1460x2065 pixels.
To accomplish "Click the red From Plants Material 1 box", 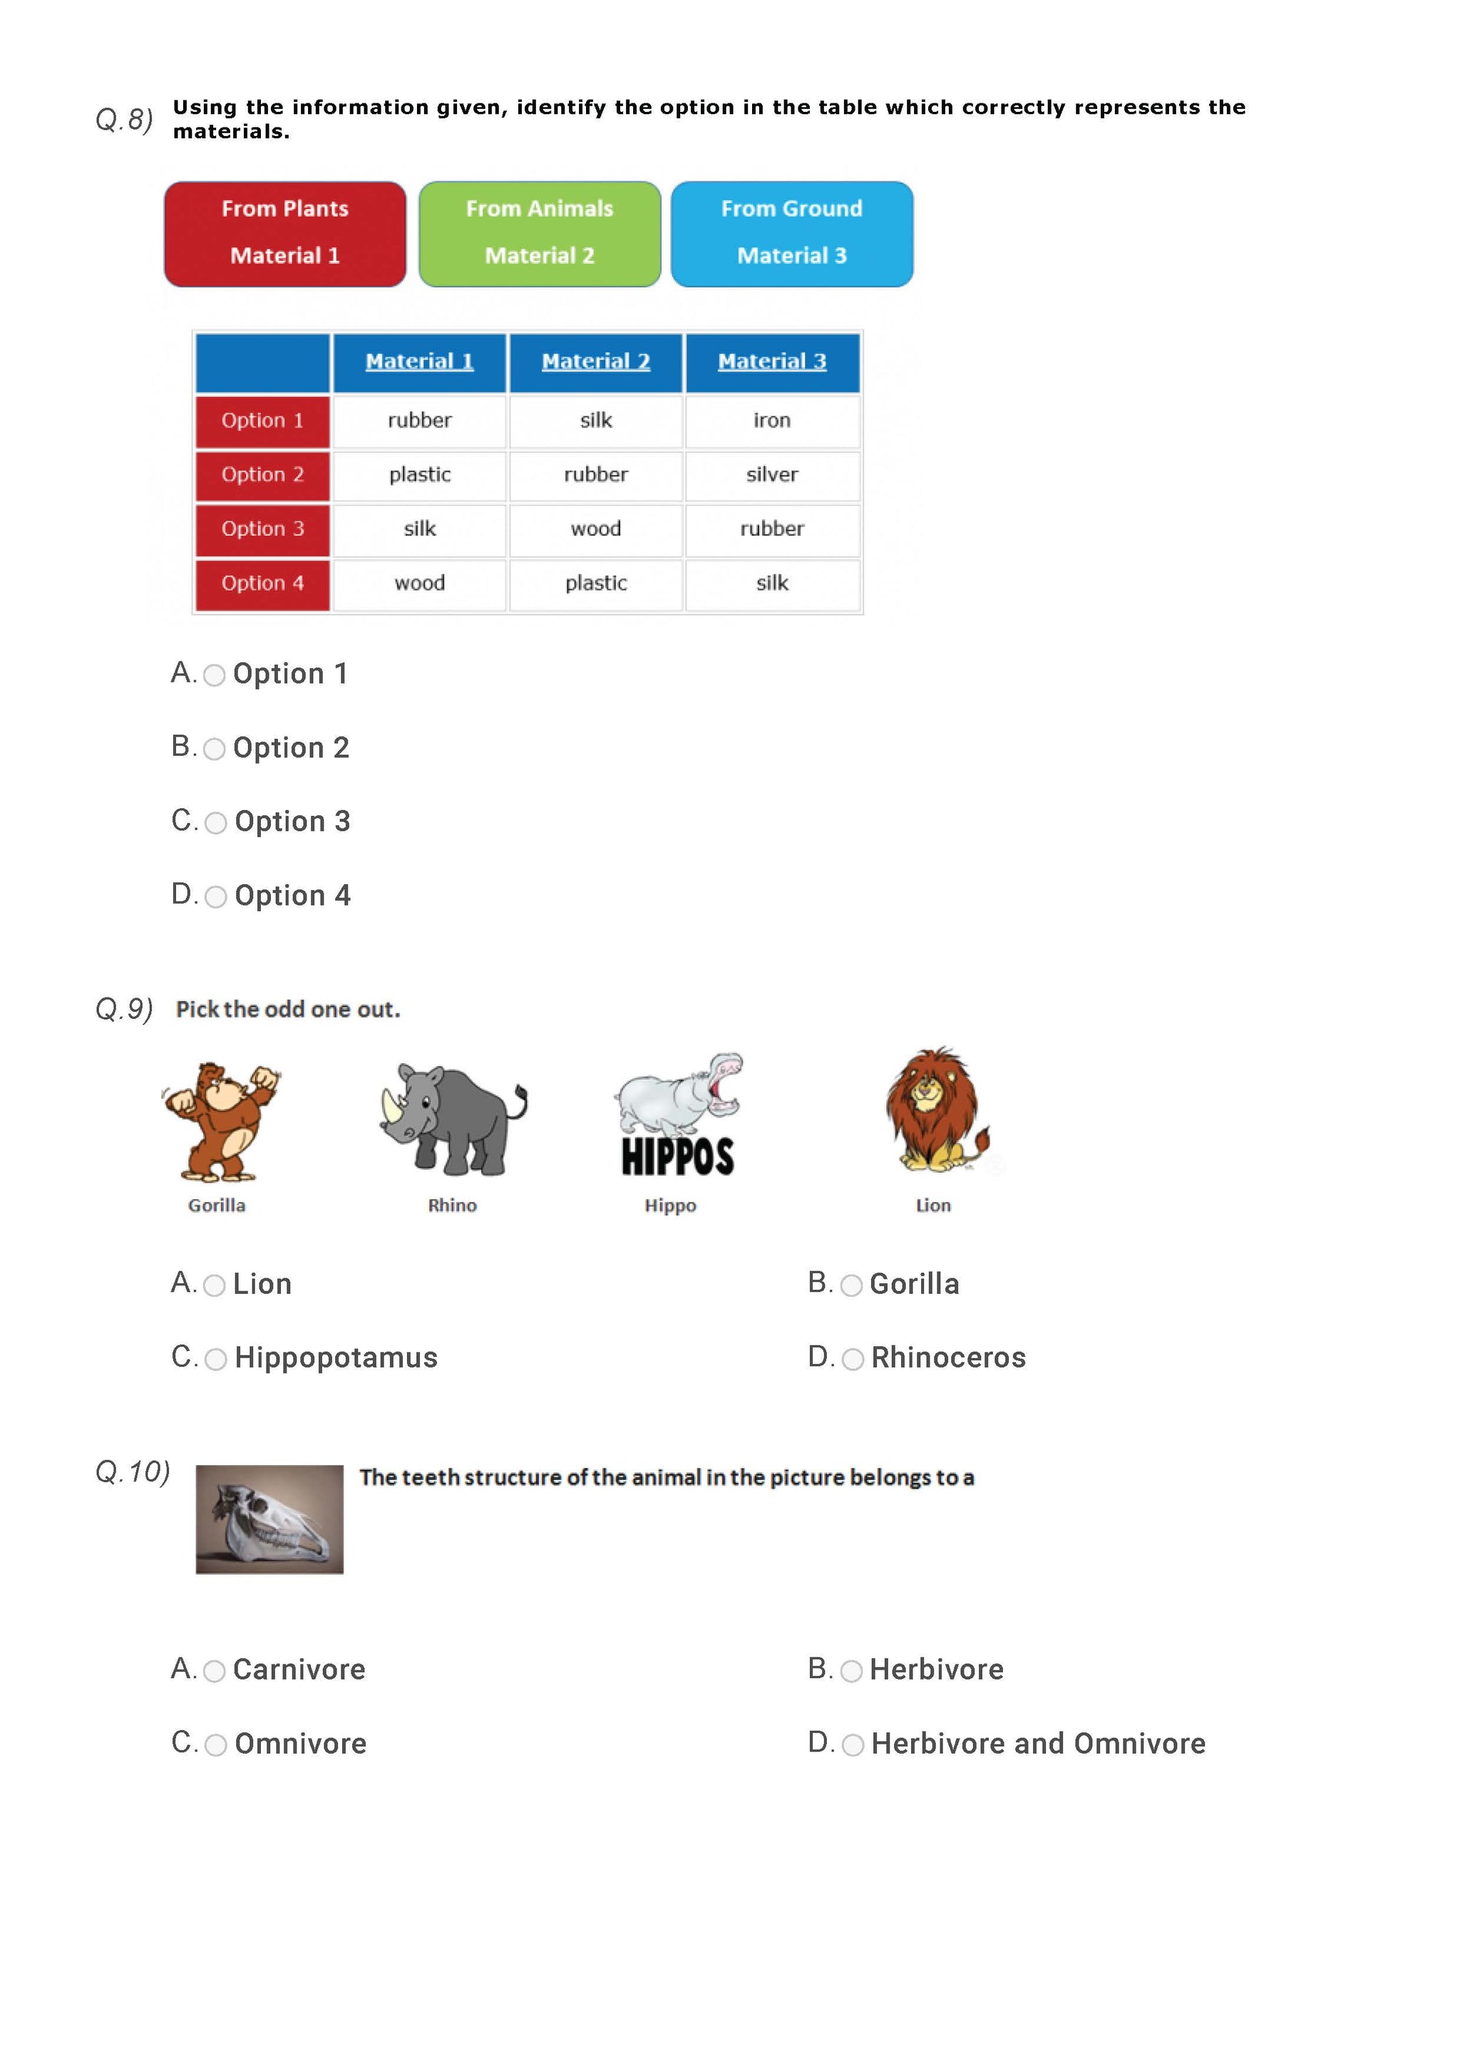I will click(x=284, y=234).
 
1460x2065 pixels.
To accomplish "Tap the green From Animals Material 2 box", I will click(x=539, y=234).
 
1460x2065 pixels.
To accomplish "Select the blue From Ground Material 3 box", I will click(x=791, y=234).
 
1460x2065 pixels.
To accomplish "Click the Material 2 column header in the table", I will click(x=595, y=361).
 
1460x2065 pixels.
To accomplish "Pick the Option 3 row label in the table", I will click(x=262, y=529).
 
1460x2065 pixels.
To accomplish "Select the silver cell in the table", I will click(x=772, y=475).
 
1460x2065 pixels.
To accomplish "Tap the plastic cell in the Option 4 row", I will click(x=595, y=583).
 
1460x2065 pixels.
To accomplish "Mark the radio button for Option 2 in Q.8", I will click(x=214, y=749).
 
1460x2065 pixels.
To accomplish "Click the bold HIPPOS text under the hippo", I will click(x=677, y=1156).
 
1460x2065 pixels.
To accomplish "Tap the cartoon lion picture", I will click(x=935, y=1110).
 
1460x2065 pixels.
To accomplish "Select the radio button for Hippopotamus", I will click(x=216, y=1359).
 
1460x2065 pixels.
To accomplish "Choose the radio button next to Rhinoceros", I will click(x=853, y=1359).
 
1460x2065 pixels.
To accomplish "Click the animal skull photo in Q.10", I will click(x=270, y=1519).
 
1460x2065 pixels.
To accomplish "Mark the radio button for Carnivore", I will click(x=214, y=1671).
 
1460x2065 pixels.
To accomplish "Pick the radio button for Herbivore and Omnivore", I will click(x=853, y=1745).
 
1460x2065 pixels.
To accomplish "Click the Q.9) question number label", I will click(x=124, y=1009).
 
